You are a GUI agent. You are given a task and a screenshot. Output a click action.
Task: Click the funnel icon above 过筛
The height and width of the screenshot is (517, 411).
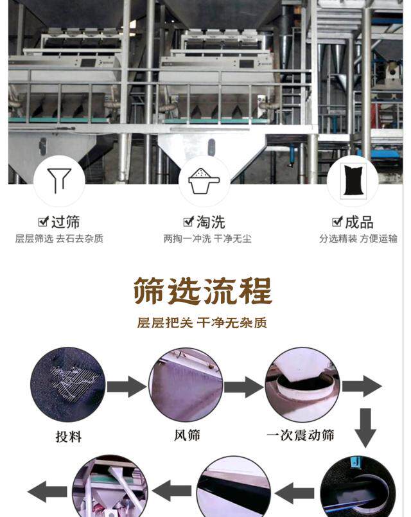[x=59, y=180]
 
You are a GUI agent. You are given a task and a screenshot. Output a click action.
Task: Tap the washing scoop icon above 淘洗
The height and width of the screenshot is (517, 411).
[x=204, y=180]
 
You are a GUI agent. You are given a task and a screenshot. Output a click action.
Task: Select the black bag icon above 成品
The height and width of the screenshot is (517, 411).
[x=352, y=180]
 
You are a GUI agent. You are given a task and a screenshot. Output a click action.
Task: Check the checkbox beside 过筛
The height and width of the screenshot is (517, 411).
[x=43, y=222]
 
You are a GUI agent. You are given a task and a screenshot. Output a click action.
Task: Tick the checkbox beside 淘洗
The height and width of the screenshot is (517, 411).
[x=188, y=222]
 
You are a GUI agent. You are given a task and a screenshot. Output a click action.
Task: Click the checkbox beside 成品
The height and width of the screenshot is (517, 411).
[x=337, y=222]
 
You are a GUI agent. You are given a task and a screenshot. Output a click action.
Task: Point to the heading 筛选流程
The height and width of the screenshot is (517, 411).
[x=203, y=291]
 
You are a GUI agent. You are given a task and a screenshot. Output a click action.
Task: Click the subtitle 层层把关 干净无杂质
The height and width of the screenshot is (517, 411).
[x=203, y=323]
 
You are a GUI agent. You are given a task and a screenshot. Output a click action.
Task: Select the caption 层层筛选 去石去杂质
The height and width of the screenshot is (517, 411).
[x=59, y=239]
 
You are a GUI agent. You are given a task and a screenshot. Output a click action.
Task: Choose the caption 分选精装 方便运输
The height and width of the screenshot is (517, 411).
[x=358, y=239]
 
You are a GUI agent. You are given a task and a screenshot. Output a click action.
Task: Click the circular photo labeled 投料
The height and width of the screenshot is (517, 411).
[x=67, y=385]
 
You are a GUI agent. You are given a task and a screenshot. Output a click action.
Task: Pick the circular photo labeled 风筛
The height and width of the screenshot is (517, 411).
[x=186, y=385]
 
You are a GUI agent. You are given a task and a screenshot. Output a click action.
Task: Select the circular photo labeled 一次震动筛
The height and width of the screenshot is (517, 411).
[x=302, y=385]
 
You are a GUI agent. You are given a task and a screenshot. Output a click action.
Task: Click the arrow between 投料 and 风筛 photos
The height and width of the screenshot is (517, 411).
[x=127, y=387]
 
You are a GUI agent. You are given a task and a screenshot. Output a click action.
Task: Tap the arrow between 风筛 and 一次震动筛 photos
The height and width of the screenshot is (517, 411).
[x=243, y=387]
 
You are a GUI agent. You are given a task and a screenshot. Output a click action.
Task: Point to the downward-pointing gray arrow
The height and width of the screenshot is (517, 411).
[x=365, y=426]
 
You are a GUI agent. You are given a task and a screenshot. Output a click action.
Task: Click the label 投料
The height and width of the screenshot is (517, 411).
[x=68, y=437]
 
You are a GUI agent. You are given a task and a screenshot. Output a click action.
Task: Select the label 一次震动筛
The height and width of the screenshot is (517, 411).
[x=301, y=435]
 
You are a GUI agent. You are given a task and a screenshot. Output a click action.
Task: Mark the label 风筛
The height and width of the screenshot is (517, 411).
[x=187, y=435]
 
